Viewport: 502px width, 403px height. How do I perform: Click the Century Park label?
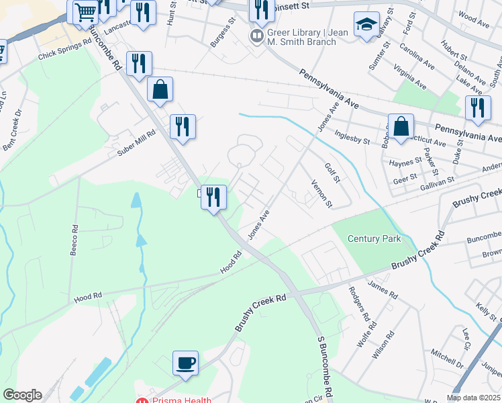click(x=374, y=239)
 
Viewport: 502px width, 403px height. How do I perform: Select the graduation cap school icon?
click(x=366, y=25)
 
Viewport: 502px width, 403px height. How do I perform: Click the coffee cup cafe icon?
click(x=186, y=363)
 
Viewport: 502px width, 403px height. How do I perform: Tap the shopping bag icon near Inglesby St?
click(x=401, y=126)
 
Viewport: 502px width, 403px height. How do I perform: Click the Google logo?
click(x=22, y=395)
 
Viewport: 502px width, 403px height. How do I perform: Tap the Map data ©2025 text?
click(x=472, y=398)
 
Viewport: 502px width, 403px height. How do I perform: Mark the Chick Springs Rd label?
click(x=64, y=49)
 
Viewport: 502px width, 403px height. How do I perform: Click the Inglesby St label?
click(x=353, y=138)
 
